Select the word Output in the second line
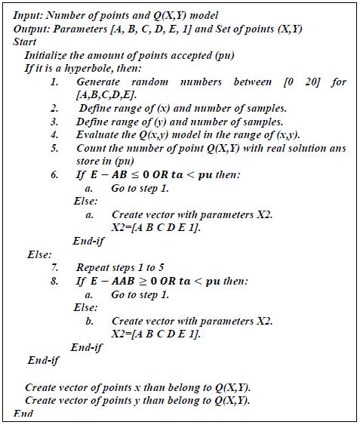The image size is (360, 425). point(31,29)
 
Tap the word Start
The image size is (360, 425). point(25,42)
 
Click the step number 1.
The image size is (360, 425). point(55,82)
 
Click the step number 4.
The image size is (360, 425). point(55,134)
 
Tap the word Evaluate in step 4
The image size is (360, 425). point(97,134)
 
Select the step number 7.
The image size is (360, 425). point(55,267)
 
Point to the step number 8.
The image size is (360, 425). point(55,281)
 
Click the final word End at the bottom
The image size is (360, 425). point(24,414)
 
